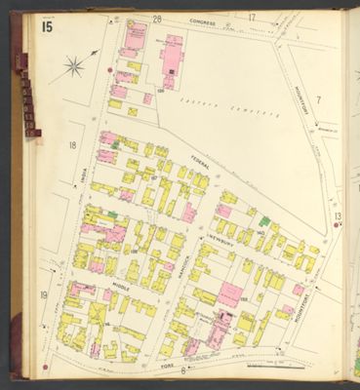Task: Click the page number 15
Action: click(x=47, y=26)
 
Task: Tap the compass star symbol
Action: click(x=73, y=67)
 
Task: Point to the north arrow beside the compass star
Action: click(x=93, y=54)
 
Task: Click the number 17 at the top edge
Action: click(x=251, y=17)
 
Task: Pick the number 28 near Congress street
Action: click(x=130, y=19)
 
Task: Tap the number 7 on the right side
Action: click(x=318, y=98)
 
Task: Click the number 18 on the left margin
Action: click(x=72, y=145)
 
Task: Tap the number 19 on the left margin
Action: click(x=44, y=294)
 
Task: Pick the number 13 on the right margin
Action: click(x=338, y=215)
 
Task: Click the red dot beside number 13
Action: click(x=335, y=225)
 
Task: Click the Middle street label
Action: click(x=121, y=286)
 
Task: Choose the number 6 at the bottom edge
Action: click(x=183, y=370)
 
